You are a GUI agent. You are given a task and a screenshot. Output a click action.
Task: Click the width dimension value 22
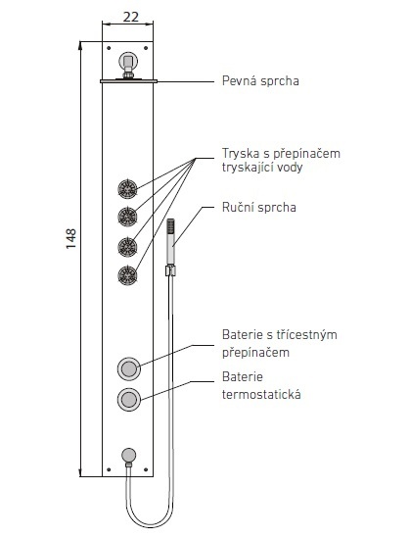point(131,17)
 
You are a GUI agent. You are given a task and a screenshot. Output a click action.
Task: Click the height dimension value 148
point(70,239)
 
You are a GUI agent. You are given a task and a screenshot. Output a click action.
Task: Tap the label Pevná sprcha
point(260,81)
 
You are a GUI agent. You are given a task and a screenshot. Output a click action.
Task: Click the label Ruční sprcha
point(259,207)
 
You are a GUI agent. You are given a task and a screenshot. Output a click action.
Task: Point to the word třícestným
point(306,334)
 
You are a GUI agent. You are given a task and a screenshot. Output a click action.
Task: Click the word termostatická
point(261,394)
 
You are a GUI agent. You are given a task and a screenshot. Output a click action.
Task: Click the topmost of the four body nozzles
point(128,189)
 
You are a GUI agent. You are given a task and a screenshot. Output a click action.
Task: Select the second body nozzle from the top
point(128,217)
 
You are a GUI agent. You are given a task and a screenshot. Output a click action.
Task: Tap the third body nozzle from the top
point(128,247)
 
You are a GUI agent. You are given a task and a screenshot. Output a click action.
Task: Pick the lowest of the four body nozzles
point(128,275)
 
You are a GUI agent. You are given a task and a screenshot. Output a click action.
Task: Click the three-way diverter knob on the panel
point(129,368)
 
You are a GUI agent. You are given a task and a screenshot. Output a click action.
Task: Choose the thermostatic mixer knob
point(129,400)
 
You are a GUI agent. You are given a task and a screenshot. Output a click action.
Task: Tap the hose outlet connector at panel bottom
point(129,456)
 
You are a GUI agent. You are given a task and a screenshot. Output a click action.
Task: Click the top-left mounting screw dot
point(109,48)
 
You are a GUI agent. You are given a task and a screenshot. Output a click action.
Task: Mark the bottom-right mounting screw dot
point(146,469)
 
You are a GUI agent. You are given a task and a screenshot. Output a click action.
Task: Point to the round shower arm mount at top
point(128,62)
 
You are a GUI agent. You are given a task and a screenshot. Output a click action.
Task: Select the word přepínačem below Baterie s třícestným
point(255,353)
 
